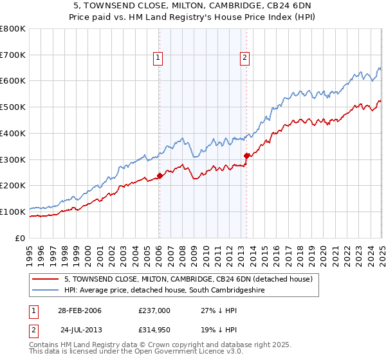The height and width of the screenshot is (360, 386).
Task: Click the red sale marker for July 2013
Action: [246, 155]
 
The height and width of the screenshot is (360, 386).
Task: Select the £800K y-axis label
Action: [14, 29]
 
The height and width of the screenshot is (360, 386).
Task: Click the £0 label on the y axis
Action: [21, 238]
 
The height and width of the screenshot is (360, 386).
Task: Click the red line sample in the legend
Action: [46, 279]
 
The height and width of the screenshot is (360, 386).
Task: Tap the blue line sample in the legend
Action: [46, 291]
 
